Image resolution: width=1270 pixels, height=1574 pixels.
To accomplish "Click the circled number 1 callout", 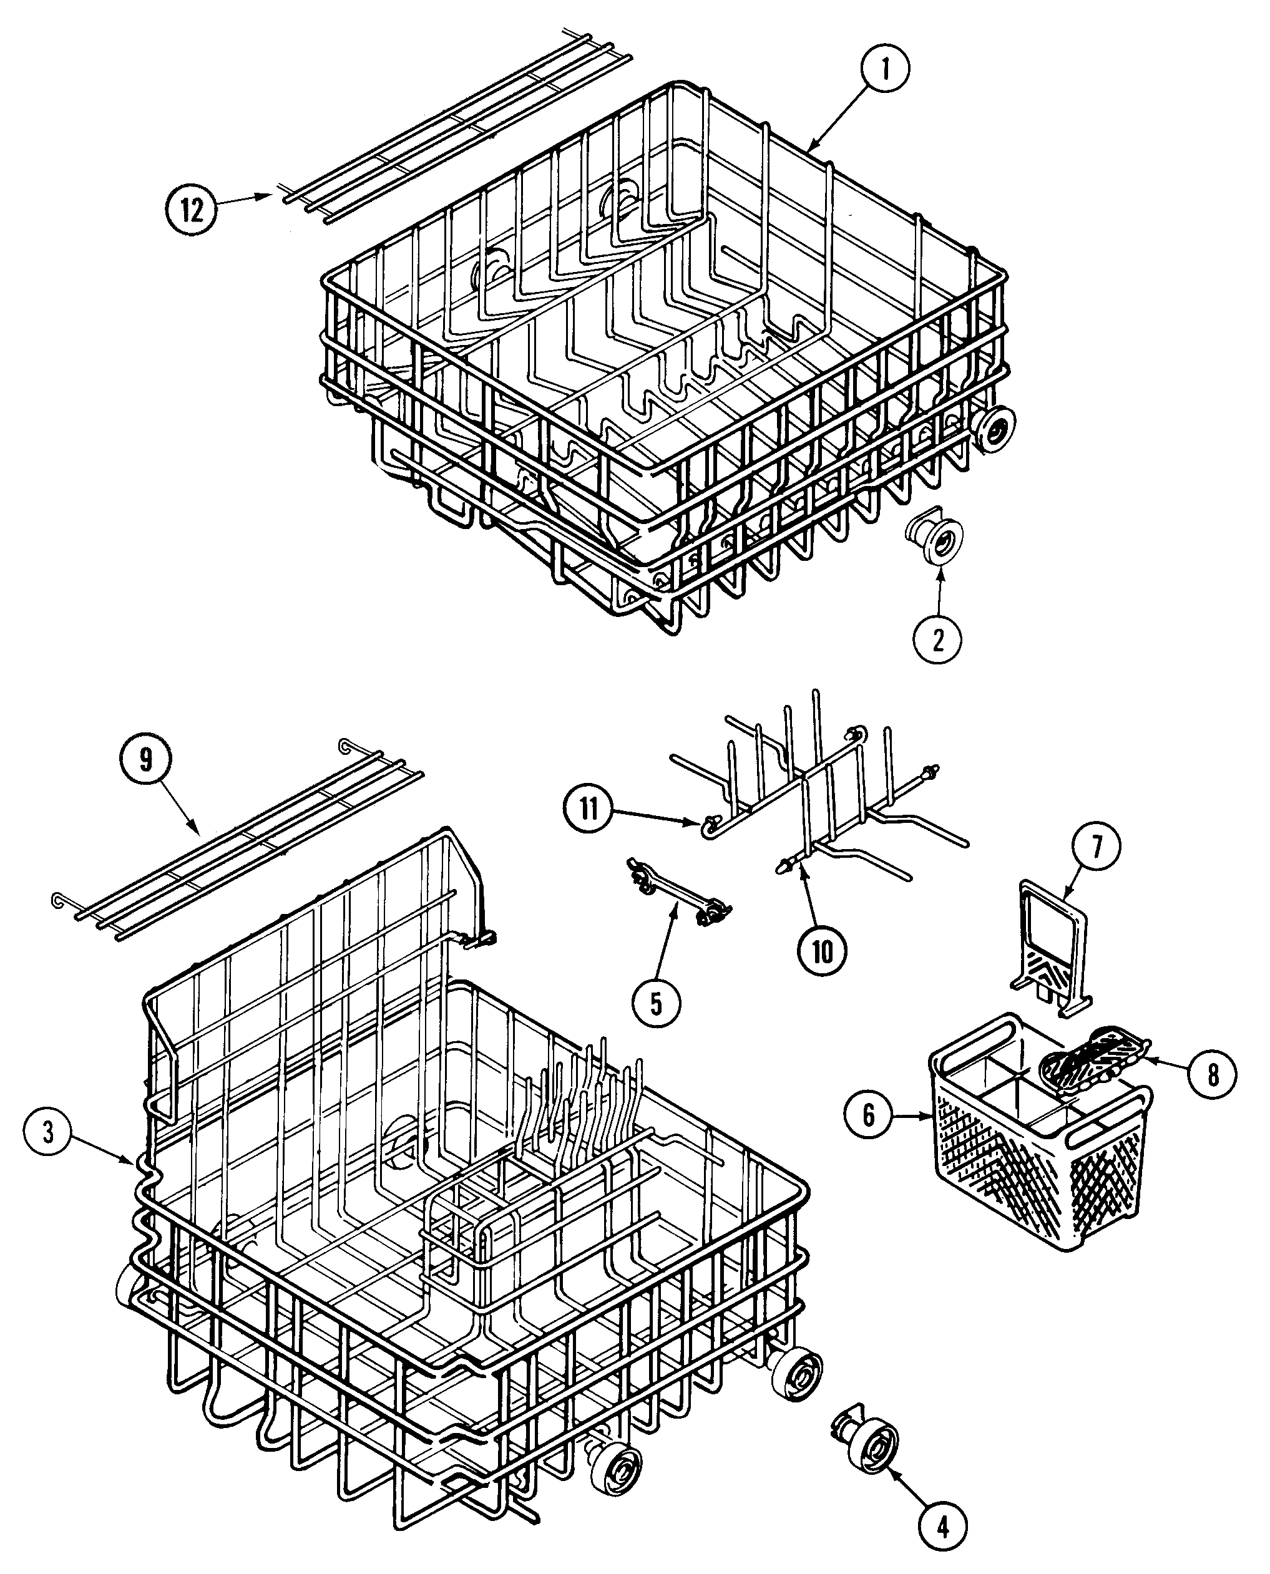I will (x=884, y=69).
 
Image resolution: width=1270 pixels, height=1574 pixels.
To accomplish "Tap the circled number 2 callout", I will (x=937, y=639).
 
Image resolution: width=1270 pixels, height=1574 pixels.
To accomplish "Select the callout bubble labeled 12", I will (x=191, y=211).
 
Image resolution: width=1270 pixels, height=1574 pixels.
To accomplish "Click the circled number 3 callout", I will (x=48, y=1132).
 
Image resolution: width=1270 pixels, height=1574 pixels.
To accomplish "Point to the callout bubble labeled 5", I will (x=656, y=1004).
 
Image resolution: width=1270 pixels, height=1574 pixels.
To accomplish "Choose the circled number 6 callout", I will (x=868, y=1115).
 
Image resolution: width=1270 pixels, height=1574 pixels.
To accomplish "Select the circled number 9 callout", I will (x=145, y=760).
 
